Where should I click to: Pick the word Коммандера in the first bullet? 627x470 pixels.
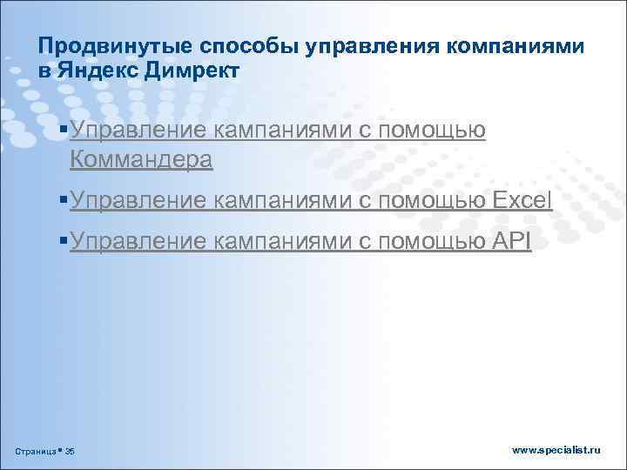[140, 158]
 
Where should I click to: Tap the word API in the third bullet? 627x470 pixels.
[512, 241]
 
